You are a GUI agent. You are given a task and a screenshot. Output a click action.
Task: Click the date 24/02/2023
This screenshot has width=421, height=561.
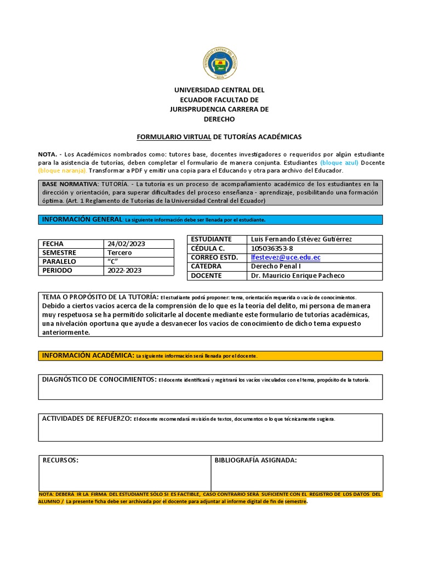pyautogui.click(x=126, y=244)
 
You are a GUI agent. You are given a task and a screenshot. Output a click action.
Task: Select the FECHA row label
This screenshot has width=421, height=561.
pyautogui.click(x=53, y=244)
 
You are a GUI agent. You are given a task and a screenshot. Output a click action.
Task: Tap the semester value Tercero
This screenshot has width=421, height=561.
pyautogui.click(x=120, y=253)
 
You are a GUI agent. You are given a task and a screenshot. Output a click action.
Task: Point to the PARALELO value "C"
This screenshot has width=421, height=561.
pyautogui.click(x=113, y=261)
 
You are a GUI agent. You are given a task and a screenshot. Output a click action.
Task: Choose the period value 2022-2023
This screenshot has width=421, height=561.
pyautogui.click(x=124, y=270)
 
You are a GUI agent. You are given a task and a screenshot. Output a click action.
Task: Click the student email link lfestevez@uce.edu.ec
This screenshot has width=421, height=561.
pyautogui.click(x=285, y=257)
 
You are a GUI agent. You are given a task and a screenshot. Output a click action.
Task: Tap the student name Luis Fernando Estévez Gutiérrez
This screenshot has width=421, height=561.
pyautogui.click(x=301, y=239)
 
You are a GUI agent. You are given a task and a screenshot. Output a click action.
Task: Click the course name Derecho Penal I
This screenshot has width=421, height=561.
pyautogui.click(x=276, y=266)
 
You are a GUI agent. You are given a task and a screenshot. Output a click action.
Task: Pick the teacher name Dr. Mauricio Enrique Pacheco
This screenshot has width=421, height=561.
pyautogui.click(x=297, y=276)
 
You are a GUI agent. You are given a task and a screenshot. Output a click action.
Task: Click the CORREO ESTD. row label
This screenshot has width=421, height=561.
pyautogui.click(x=214, y=257)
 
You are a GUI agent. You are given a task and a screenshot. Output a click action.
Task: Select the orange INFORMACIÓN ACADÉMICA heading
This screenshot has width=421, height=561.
pyautogui.click(x=88, y=356)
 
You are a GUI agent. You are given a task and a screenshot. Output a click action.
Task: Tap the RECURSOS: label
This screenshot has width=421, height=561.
pyautogui.click(x=61, y=460)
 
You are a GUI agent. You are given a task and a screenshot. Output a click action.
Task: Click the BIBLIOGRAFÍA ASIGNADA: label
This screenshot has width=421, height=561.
pyautogui.click(x=255, y=460)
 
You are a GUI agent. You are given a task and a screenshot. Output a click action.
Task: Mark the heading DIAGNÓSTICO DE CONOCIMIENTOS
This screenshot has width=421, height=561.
pyautogui.click(x=99, y=379)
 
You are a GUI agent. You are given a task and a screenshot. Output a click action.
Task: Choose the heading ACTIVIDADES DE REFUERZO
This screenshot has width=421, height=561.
pyautogui.click(x=87, y=419)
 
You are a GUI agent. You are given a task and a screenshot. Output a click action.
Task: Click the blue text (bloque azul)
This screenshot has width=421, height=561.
pyautogui.click(x=339, y=163)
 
